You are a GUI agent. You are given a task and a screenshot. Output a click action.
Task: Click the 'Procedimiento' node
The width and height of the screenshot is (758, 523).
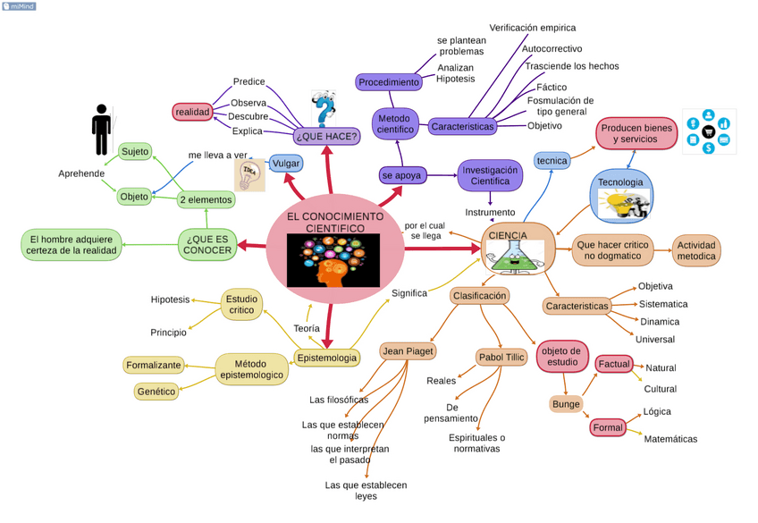click(389, 82)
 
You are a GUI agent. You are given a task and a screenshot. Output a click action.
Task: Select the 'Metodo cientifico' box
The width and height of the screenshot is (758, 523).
click(394, 123)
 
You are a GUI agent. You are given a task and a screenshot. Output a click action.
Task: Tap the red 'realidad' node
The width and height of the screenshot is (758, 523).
click(192, 112)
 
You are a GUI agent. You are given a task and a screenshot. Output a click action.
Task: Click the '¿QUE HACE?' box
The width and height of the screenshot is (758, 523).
click(326, 136)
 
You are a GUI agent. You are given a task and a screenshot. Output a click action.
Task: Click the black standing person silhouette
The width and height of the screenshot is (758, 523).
click(102, 130)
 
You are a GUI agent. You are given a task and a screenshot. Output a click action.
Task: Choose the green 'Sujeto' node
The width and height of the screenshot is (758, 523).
click(135, 151)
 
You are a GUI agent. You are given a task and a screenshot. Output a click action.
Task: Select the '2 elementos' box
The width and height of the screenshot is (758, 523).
click(206, 199)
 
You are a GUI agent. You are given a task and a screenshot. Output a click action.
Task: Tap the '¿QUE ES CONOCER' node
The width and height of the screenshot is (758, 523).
click(207, 244)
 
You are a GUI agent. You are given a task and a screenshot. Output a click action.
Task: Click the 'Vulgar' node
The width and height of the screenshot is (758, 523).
click(285, 164)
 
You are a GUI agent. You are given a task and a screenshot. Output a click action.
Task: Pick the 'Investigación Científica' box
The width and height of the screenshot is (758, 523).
click(490, 175)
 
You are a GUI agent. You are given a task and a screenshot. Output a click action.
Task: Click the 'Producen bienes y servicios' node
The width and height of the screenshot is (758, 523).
click(636, 134)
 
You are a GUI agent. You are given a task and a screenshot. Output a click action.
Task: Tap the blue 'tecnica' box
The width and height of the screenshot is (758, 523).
click(552, 161)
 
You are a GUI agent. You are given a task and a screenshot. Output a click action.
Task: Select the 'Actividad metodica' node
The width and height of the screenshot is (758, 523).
click(696, 250)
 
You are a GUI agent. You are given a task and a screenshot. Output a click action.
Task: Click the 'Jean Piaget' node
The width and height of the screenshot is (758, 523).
click(408, 351)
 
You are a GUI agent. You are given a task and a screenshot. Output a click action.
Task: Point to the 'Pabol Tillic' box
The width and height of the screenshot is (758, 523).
click(501, 358)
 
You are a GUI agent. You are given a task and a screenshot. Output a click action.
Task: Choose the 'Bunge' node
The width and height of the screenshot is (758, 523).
click(565, 404)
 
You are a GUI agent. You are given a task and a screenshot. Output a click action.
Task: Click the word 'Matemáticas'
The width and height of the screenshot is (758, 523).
click(670, 439)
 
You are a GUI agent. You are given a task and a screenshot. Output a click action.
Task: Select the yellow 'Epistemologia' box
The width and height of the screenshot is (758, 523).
click(326, 358)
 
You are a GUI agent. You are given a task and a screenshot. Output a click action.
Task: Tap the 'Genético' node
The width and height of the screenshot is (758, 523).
click(156, 391)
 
